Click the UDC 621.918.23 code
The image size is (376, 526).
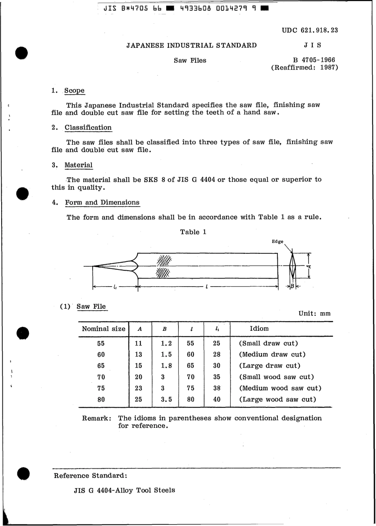pos(310,30)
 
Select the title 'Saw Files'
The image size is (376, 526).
pos(190,61)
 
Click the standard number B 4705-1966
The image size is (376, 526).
pos(314,60)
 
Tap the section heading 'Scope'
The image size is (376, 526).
pos(74,91)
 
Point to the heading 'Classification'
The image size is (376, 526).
pos(88,127)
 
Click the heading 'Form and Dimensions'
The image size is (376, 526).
pos(102,203)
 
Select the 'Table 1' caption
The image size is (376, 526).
pos(193,232)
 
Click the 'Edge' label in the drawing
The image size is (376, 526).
pos(277,242)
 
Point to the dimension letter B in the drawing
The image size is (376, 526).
pos(292,287)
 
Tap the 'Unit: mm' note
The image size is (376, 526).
pos(314,313)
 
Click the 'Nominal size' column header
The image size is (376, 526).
pos(103,329)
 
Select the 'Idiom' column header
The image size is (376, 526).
pos(259,329)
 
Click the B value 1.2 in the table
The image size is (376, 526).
pos(166,344)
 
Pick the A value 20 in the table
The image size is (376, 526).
pos(138,377)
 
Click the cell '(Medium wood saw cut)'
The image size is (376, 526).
pos(280,388)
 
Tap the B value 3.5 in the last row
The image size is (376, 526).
pos(166,400)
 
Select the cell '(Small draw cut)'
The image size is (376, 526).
pos(268,344)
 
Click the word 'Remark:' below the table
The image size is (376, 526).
pos(97,418)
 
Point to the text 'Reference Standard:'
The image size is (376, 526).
pos(90,475)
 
